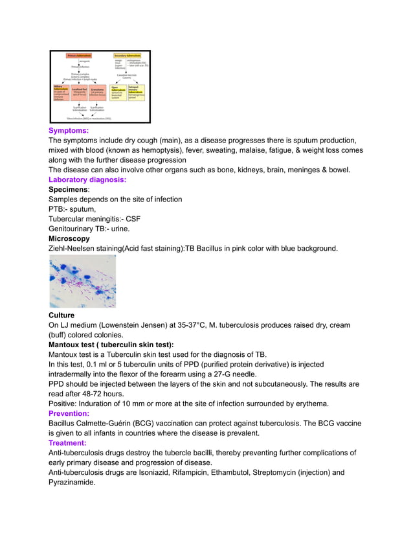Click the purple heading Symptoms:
click(69, 131)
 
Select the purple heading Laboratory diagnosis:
click(87, 179)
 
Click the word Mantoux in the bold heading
click(64, 345)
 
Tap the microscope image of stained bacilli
click(82, 280)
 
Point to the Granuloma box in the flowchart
click(97, 92)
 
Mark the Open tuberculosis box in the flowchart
click(118, 91)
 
